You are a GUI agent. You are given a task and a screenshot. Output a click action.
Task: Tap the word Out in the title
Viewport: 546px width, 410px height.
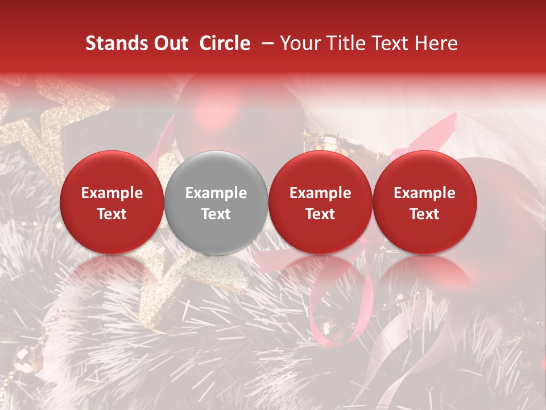click(x=170, y=43)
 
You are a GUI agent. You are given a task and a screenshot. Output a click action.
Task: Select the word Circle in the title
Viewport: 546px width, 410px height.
click(x=225, y=43)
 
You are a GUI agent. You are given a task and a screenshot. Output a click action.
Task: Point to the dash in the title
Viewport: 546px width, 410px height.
click(x=265, y=43)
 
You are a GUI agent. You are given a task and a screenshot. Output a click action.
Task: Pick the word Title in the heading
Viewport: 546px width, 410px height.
click(x=345, y=43)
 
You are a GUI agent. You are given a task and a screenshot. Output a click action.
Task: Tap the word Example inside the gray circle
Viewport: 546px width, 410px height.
click(x=216, y=193)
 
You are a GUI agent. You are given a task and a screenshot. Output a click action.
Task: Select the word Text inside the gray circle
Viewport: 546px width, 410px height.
click(x=216, y=214)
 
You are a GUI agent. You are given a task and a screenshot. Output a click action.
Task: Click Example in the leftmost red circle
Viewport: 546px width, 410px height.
click(x=112, y=193)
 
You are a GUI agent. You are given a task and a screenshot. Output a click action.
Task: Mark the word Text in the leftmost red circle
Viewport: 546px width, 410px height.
click(x=112, y=214)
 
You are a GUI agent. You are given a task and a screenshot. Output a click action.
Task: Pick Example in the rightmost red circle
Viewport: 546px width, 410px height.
click(x=424, y=193)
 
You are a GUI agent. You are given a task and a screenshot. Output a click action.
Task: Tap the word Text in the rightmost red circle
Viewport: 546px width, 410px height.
click(x=424, y=214)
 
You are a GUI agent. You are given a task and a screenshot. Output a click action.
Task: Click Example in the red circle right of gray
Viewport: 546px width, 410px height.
click(x=320, y=193)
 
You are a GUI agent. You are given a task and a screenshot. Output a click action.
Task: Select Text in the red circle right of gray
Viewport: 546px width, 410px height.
click(x=320, y=214)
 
